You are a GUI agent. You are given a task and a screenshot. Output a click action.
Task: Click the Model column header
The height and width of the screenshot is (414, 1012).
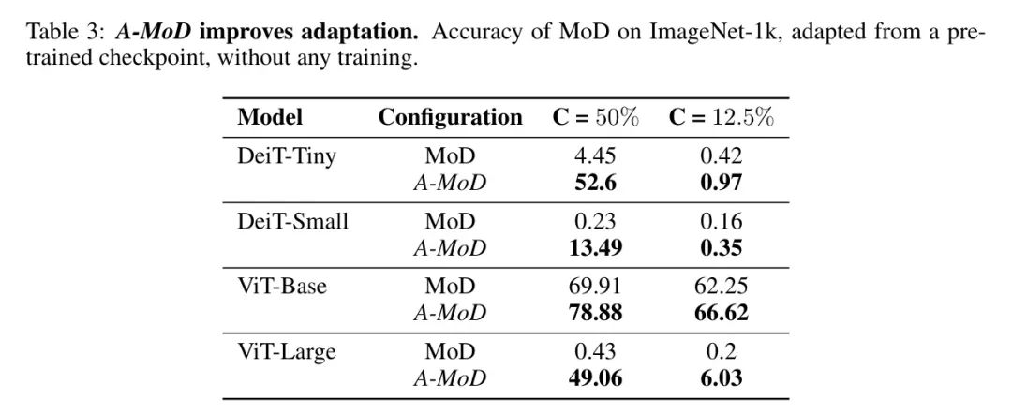pos(270,118)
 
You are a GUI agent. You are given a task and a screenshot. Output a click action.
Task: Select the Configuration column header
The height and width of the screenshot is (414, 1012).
pos(450,118)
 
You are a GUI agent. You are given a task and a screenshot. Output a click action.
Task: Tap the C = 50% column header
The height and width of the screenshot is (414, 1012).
pos(594,118)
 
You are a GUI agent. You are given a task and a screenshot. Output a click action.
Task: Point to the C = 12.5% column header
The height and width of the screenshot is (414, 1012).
pos(721,118)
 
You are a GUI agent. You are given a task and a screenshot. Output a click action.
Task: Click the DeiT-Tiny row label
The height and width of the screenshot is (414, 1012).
pos(286,156)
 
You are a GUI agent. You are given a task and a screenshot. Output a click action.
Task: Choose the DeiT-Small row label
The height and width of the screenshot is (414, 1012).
pos(292,221)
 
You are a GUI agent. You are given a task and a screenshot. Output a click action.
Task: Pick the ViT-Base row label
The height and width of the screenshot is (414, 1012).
pos(282,286)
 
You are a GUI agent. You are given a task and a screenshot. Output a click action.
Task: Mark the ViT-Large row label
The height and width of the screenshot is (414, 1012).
pos(287,351)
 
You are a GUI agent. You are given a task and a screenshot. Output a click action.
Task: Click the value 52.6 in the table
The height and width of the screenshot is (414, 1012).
pos(595,183)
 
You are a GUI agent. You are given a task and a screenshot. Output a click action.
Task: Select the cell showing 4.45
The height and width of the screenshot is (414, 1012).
pos(595,156)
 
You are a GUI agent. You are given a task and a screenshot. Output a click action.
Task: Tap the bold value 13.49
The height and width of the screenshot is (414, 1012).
pos(595,247)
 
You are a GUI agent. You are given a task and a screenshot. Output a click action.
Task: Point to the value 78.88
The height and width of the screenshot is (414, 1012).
pos(595,312)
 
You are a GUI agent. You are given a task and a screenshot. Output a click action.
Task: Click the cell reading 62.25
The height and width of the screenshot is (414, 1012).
pos(721,286)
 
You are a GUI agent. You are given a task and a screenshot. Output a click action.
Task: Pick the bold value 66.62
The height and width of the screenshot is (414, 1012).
pos(721,312)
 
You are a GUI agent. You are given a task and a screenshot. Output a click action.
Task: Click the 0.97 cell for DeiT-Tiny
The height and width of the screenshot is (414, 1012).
pos(721,183)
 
